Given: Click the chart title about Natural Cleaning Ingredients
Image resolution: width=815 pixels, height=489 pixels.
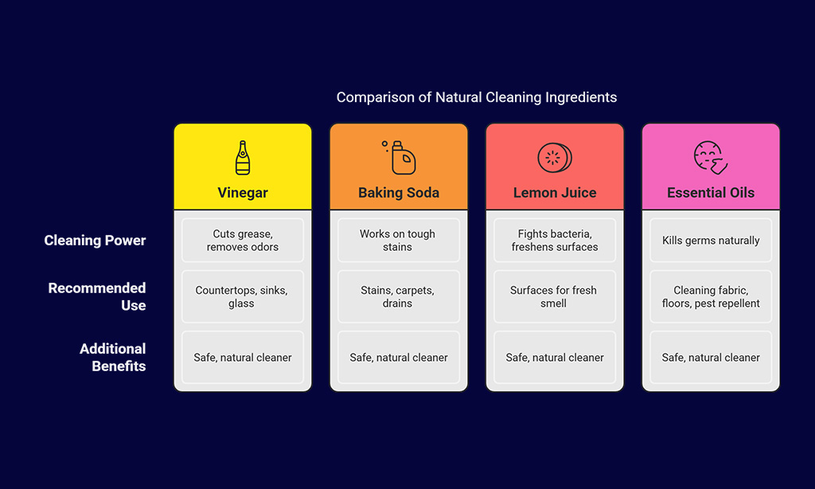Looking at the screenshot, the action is pyautogui.click(x=476, y=97).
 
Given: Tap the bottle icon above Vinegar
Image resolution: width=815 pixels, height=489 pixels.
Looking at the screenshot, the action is pyautogui.click(x=243, y=158).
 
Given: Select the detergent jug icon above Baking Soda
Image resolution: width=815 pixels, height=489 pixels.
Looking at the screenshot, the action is pyautogui.click(x=399, y=158).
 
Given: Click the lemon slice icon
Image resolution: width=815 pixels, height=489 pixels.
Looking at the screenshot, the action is pyautogui.click(x=555, y=158).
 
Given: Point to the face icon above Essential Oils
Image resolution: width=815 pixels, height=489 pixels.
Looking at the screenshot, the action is pyautogui.click(x=711, y=158).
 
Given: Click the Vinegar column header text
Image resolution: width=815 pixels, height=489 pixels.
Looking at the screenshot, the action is pyautogui.click(x=243, y=193).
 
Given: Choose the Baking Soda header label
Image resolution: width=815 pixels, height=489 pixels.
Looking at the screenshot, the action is pyautogui.click(x=399, y=193).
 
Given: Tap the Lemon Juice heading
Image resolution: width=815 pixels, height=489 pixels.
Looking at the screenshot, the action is pyautogui.click(x=555, y=193).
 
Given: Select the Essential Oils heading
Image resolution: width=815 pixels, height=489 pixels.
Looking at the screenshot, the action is pyautogui.click(x=711, y=193).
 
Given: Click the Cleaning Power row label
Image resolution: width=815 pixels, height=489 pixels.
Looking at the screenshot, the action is pyautogui.click(x=96, y=241).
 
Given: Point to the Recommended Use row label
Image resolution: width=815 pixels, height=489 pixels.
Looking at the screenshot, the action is pyautogui.click(x=97, y=296).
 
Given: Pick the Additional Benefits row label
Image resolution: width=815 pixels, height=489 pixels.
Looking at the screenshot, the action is pyautogui.click(x=113, y=358).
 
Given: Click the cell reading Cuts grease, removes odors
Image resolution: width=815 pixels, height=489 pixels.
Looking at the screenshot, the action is pyautogui.click(x=243, y=241).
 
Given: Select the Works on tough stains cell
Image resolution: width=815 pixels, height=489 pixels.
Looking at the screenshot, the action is pyautogui.click(x=399, y=241).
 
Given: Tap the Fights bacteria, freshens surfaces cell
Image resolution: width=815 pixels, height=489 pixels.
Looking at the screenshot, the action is pyautogui.click(x=555, y=241).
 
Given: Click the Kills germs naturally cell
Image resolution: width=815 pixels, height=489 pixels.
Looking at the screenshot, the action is pyautogui.click(x=711, y=241).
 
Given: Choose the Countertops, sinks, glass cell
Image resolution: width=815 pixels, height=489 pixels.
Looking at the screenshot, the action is pyautogui.click(x=243, y=296).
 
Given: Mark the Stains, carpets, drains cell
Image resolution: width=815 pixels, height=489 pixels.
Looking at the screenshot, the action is pyautogui.click(x=399, y=296).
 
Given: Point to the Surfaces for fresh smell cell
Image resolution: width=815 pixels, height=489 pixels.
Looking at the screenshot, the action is pyautogui.click(x=555, y=296).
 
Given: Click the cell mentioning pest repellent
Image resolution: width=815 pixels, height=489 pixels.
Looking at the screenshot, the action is pyautogui.click(x=711, y=296).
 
